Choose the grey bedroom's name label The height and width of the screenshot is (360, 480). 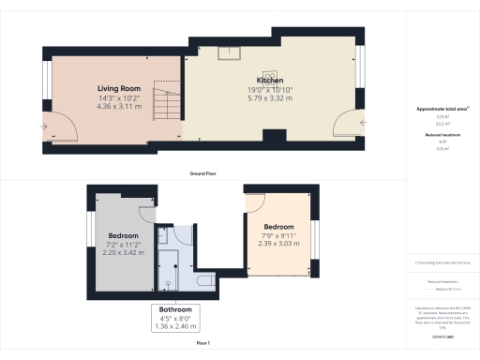tap(123, 235)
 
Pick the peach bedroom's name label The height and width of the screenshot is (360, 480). tap(279, 227)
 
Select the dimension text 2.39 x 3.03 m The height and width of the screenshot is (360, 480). tap(278, 244)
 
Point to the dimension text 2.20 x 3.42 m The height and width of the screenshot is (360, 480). tap(123, 253)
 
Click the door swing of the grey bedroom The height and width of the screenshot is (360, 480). tap(145, 214)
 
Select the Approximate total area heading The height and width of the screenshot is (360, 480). tap(442, 110)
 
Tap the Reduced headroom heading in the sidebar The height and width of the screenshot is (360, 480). tap(442, 136)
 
